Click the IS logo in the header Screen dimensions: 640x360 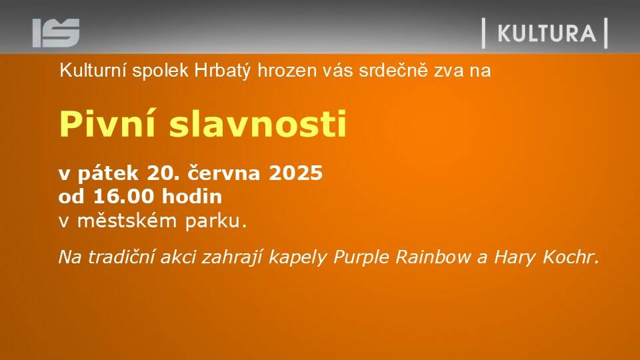[x=56, y=33]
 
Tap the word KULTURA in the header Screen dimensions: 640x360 [x=547, y=33]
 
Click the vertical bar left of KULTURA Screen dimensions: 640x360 [x=484, y=33]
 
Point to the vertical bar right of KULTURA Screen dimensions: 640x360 [x=606, y=33]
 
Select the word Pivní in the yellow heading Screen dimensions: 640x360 [x=107, y=124]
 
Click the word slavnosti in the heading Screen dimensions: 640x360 [x=257, y=124]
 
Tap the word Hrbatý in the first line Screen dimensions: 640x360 [x=222, y=71]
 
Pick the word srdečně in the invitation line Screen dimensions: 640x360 [x=393, y=71]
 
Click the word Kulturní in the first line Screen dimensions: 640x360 [x=93, y=71]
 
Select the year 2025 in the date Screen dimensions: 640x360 [x=295, y=173]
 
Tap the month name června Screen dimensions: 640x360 [x=224, y=173]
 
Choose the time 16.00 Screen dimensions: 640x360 [x=124, y=197]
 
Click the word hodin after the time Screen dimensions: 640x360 [x=192, y=196]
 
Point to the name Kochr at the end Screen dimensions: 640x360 [x=571, y=257]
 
